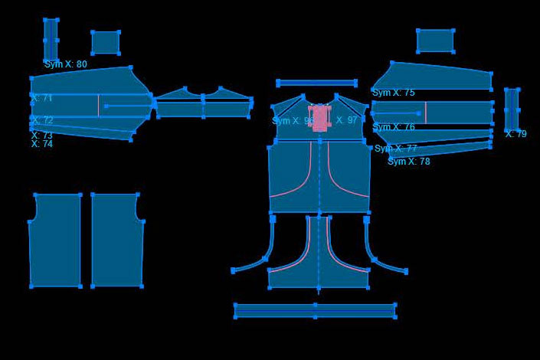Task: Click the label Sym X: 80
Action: click(x=65, y=64)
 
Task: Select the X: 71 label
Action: click(x=42, y=98)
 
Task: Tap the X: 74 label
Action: click(x=42, y=144)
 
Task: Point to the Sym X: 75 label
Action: click(x=393, y=93)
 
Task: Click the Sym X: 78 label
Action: click(x=408, y=162)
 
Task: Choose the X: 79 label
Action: click(x=515, y=134)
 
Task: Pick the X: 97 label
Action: click(x=346, y=120)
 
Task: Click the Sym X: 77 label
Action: click(x=395, y=149)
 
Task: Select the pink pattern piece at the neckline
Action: click(x=320, y=118)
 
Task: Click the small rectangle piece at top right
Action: click(x=435, y=41)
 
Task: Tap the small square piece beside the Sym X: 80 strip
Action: click(x=106, y=42)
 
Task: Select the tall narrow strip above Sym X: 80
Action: click(x=51, y=38)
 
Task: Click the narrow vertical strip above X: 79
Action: click(x=512, y=109)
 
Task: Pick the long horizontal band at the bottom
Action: click(x=315, y=310)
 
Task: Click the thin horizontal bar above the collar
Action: click(x=316, y=83)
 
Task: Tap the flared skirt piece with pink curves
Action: click(x=319, y=260)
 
